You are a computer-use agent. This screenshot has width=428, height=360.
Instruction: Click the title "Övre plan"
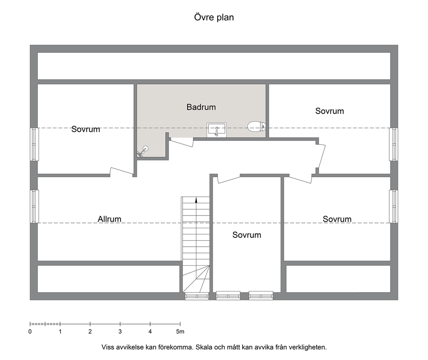214,17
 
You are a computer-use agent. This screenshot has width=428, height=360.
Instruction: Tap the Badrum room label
201,107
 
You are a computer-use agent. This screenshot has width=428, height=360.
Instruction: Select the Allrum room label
110,219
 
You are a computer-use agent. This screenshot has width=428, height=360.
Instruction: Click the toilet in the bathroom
257,126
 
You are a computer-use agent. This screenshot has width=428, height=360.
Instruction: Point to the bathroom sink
217,129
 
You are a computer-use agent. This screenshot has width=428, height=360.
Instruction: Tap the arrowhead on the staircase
196,200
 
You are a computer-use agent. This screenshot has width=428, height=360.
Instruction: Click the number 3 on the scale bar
120,332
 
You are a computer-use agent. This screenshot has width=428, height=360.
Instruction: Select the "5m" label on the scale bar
180,332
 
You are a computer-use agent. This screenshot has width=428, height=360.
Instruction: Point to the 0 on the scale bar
30,332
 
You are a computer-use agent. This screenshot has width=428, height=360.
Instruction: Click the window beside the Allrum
34,207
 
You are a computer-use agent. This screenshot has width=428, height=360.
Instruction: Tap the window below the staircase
197,296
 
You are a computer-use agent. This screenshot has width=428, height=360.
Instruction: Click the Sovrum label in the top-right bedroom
330,111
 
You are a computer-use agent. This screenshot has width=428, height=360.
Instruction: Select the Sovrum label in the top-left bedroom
86,129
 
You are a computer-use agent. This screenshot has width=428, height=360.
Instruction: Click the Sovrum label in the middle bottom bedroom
247,235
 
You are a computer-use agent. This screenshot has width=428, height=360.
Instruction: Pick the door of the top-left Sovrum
122,171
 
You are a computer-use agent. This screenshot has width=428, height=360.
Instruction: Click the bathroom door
182,142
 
